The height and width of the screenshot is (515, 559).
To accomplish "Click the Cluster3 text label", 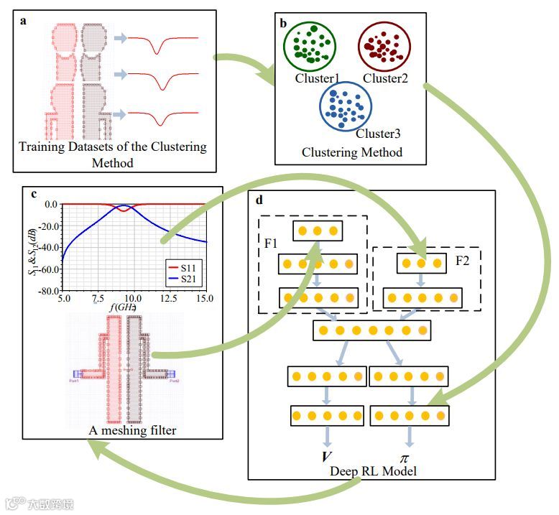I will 378,134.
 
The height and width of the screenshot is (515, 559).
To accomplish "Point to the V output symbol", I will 326,458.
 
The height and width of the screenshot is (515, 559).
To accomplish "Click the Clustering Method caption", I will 351,152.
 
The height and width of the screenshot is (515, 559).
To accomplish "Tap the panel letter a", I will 23,20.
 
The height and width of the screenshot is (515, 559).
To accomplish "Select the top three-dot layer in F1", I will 316,231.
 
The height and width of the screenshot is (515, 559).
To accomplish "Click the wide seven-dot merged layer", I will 371,330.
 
